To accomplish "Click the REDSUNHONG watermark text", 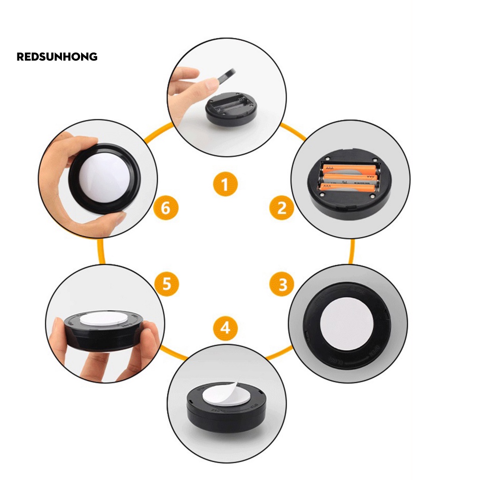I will click(x=57, y=57).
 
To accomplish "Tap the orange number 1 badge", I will click(x=225, y=184).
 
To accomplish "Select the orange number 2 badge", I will click(x=282, y=207).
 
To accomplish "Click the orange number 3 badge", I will click(x=282, y=285).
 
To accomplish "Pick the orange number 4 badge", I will click(x=225, y=327).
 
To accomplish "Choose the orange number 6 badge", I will click(x=166, y=208).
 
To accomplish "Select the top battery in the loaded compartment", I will click(x=349, y=168).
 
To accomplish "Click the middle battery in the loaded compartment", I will click(x=349, y=178).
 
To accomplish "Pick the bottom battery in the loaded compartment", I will click(x=349, y=188).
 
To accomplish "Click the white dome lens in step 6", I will click(x=104, y=178).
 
